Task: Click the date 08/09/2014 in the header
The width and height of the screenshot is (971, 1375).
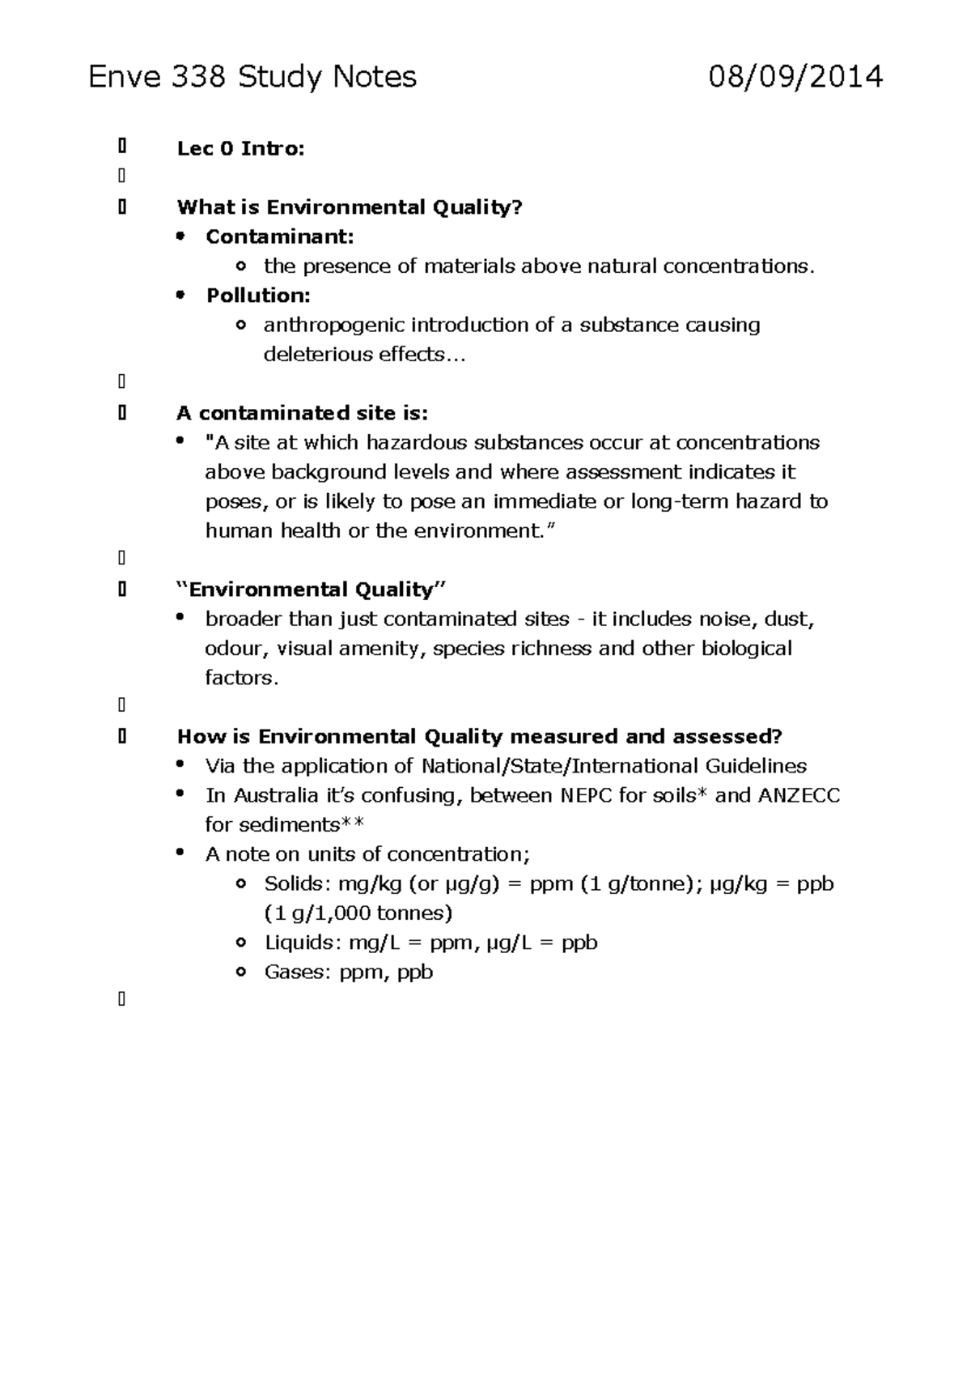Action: pos(795,78)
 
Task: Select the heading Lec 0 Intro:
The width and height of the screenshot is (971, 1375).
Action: pos(240,149)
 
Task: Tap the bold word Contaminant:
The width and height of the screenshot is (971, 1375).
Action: pos(279,237)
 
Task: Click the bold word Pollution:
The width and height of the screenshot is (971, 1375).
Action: pos(258,296)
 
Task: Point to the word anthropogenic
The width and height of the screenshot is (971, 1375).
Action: pos(333,326)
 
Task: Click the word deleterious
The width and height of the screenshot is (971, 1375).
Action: pos(307,355)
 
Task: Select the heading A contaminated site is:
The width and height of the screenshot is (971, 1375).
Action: pos(302,414)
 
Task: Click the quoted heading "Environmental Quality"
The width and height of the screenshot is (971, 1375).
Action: pos(312,590)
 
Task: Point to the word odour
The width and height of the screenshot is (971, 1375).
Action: pos(233,649)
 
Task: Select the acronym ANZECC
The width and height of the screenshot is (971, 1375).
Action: pos(798,796)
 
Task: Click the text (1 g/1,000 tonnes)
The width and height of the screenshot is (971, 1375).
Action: pos(358,913)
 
